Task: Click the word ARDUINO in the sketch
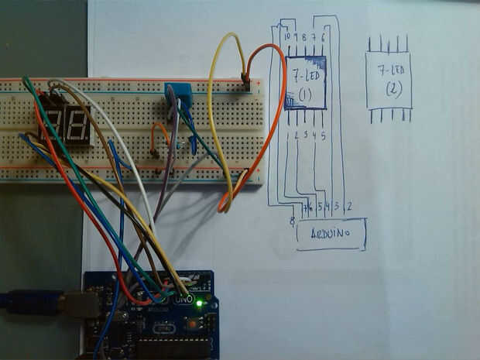[330, 234]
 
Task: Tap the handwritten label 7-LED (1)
[304, 82]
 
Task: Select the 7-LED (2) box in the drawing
[389, 81]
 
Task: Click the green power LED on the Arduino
[199, 303]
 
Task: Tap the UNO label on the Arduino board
[183, 298]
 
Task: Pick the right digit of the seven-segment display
[76, 122]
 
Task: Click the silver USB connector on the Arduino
[81, 304]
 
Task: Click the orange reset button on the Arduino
[190, 325]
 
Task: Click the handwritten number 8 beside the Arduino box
[292, 222]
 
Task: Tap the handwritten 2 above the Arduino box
[349, 207]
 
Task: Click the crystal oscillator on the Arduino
[164, 328]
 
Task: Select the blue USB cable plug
[31, 302]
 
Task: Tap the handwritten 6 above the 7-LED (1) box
[322, 36]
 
